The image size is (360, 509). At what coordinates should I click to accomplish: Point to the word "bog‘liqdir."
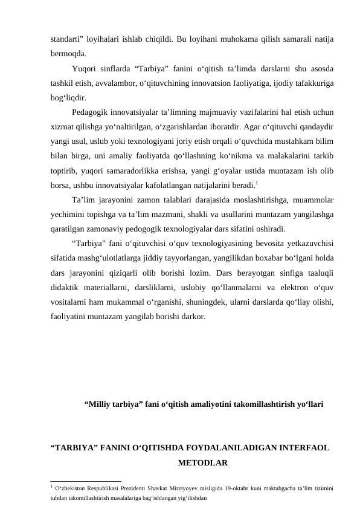coord(68,97)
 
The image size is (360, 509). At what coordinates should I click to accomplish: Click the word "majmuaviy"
coord(216,112)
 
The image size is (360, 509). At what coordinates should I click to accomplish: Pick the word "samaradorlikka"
coord(152,169)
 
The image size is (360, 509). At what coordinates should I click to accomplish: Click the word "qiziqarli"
coord(141,272)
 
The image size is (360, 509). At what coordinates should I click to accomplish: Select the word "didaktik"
coord(66,287)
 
